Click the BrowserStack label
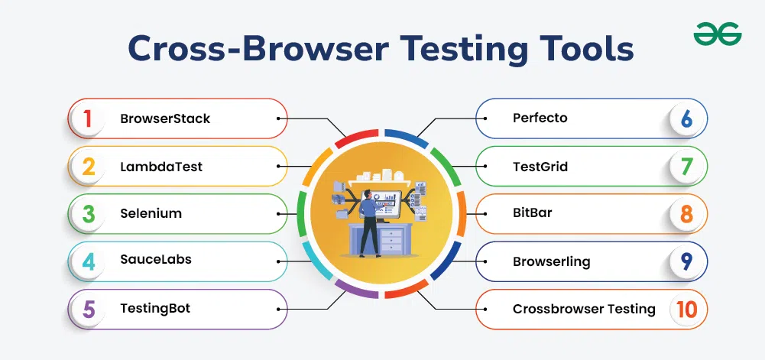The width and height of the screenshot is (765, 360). [x=164, y=118]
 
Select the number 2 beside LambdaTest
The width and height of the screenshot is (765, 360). [x=89, y=166]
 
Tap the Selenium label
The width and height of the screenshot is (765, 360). [x=151, y=213]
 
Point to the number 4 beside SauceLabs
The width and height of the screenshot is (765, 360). [x=89, y=261]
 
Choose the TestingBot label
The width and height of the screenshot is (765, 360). [x=154, y=309]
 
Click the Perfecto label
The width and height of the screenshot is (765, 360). [x=540, y=118]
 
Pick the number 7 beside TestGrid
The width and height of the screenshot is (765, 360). [x=686, y=166]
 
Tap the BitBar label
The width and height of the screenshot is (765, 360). [x=532, y=213]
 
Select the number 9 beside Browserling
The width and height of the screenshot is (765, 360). [x=686, y=261]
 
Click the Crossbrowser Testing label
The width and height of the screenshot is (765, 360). [x=584, y=309]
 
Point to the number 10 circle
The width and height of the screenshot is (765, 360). [x=686, y=309]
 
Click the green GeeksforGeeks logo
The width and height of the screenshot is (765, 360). [x=718, y=34]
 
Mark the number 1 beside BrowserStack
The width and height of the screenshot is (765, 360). [x=88, y=118]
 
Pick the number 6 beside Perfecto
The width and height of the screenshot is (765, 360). [x=686, y=118]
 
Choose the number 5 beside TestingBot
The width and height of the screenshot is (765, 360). [x=89, y=309]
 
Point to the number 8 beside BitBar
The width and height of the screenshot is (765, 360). [x=686, y=213]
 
